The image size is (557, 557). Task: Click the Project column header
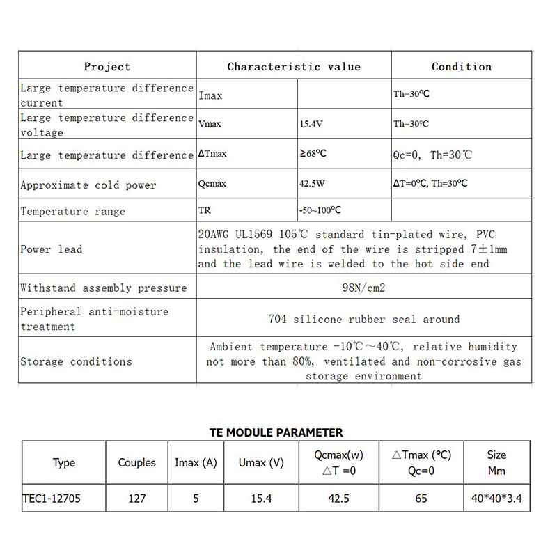107,67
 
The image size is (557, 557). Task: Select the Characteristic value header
294,67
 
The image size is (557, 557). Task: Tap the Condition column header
462,67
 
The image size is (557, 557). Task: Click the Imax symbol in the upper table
210,95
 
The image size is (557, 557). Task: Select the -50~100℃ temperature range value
320,210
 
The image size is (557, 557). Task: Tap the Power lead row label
51,249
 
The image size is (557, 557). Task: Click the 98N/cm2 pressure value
364,288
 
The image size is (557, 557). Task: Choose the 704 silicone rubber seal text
364,320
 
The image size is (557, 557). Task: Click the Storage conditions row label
76,361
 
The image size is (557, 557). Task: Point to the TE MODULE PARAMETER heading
276,432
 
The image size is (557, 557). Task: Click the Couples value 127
136,499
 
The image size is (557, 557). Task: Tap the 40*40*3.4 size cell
496,499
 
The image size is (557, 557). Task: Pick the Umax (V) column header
262,462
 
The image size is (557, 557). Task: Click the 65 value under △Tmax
421,499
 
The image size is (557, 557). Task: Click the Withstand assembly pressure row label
104,288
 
